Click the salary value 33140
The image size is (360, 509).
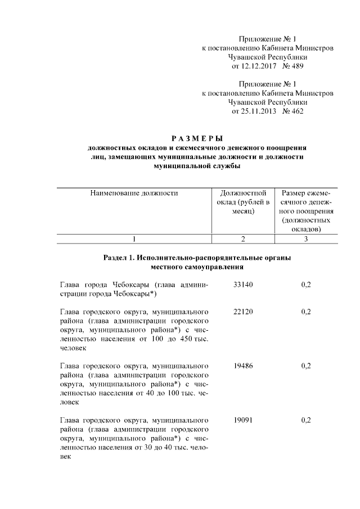243,285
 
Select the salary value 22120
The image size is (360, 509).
243,311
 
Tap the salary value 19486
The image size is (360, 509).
243,366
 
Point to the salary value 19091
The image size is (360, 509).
243,420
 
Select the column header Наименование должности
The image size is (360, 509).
134,193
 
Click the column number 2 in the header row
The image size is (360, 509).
243,239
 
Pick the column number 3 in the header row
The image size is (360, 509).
306,239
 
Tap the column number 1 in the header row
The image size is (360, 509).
134,239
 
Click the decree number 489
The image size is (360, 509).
295,66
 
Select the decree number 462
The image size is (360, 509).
295,111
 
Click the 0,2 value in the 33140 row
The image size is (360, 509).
306,285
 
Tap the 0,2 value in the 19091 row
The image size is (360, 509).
306,420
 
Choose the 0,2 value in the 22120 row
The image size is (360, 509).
306,311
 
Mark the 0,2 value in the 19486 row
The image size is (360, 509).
306,366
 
